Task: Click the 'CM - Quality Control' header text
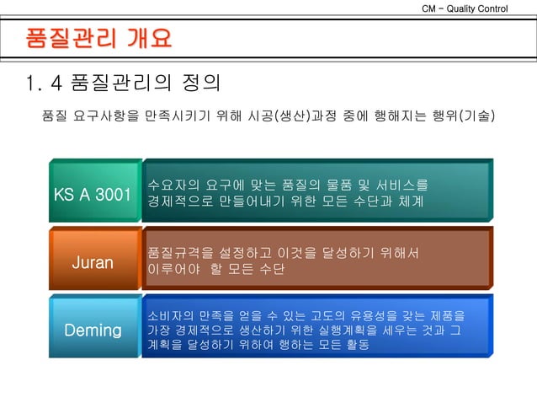pyautogui.click(x=476, y=8)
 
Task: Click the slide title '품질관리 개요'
pyautogui.click(x=99, y=39)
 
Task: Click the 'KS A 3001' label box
pyautogui.click(x=93, y=195)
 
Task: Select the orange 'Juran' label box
pyautogui.click(x=93, y=262)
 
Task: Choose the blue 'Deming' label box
pyautogui.click(x=93, y=330)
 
